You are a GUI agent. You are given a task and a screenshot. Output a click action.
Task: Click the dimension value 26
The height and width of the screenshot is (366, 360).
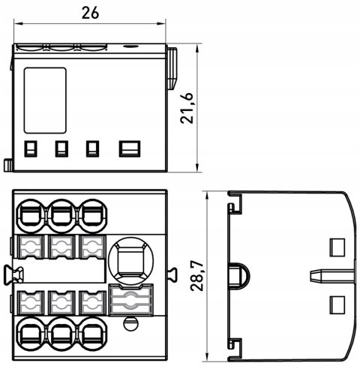(90, 13)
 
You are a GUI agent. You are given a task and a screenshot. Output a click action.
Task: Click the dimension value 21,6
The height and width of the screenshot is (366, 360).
(187, 108)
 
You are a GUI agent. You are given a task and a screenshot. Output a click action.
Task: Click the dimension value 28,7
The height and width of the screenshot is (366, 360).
(196, 275)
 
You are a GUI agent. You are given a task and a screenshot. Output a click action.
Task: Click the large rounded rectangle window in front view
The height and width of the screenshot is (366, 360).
(45, 100)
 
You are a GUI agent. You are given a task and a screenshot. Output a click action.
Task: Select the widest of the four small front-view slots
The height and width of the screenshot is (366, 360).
(130, 148)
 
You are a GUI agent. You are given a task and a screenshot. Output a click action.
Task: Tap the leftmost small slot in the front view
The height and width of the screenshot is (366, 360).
(31, 148)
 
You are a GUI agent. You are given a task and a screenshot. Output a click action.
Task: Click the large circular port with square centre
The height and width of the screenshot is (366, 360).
(130, 260)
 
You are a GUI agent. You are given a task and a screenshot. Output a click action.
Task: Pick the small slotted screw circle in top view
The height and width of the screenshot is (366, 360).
(130, 323)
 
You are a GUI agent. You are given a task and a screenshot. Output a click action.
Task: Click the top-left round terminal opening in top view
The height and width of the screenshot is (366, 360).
(31, 216)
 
